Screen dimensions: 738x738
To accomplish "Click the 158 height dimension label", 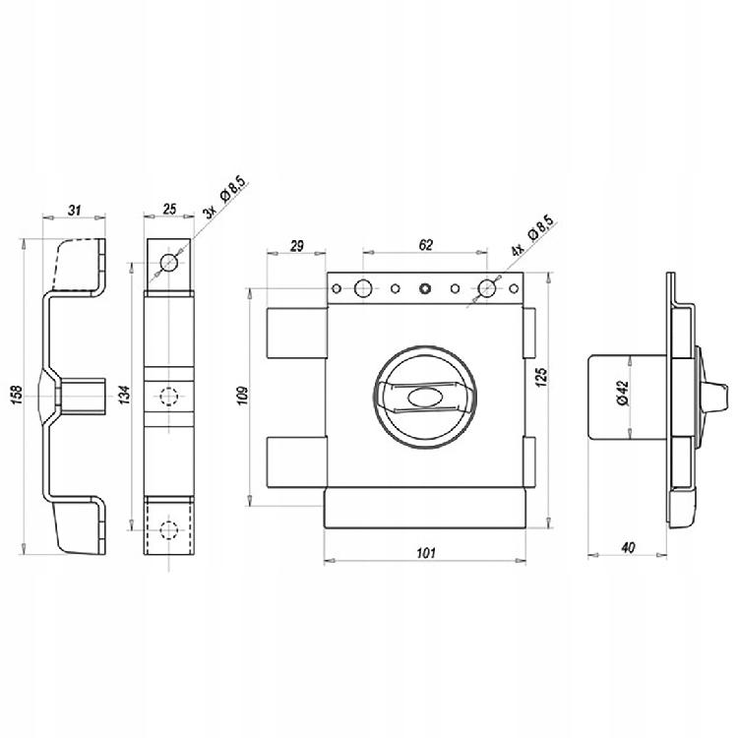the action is point(16,395).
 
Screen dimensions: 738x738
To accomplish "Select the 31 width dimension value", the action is point(74,210).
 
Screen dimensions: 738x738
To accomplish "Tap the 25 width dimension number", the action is point(169,209).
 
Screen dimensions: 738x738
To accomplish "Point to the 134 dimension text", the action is point(124,396).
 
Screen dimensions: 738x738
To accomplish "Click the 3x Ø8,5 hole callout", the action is point(224,197).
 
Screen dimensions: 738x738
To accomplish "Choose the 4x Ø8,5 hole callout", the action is point(532,235).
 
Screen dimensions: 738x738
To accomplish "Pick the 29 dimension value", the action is point(297,246).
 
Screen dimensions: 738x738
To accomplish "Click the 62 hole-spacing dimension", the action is point(425,245).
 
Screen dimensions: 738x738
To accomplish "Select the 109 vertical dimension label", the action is point(242,396).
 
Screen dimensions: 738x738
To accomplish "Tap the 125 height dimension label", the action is point(542,377).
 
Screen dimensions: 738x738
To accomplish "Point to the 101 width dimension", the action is point(426,553).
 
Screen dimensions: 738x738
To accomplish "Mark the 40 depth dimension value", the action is point(628,547).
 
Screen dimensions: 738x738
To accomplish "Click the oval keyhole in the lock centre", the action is point(424,398).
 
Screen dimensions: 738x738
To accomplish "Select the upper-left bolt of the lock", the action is point(296,333).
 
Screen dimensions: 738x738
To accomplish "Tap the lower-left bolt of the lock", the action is point(296,462).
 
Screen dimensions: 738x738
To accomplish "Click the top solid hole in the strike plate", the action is point(169,262).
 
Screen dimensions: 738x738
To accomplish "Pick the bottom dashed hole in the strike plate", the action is point(168,530).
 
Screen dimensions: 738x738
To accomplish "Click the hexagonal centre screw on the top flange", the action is point(425,288).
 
